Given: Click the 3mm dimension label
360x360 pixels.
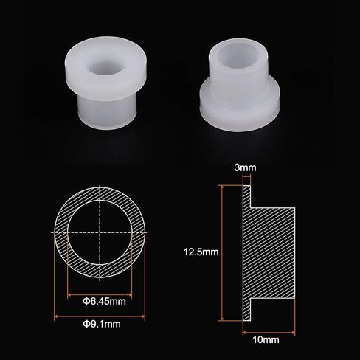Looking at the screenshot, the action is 245,167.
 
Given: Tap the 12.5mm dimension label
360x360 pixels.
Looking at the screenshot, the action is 201,252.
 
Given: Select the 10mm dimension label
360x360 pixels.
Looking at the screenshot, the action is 266,340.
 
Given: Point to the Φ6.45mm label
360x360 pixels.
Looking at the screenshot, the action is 104,301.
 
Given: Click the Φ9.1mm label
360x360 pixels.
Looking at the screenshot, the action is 102,324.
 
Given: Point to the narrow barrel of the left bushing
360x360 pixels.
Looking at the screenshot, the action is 107,113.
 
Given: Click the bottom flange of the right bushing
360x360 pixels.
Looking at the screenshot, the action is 240,108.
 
